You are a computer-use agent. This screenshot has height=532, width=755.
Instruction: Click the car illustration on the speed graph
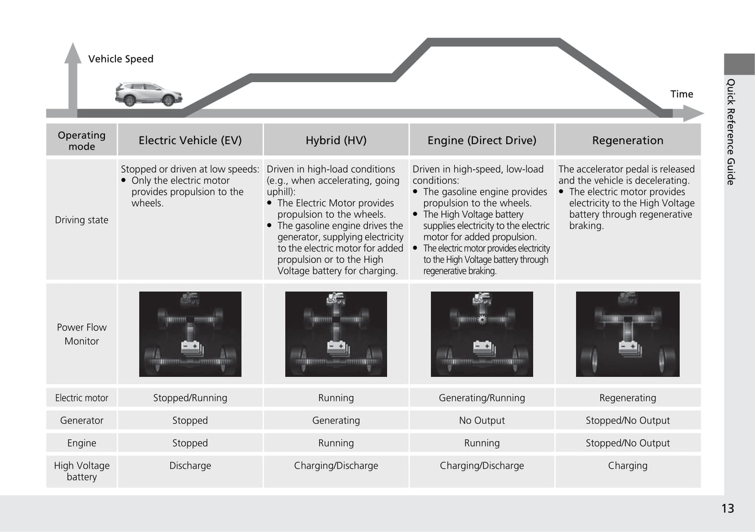pyautogui.click(x=149, y=94)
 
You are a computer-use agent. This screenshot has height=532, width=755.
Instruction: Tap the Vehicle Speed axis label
pyautogui.click(x=121, y=59)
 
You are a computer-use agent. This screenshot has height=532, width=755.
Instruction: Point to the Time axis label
pyautogui.click(x=681, y=94)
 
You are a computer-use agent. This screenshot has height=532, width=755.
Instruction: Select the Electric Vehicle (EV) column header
pyautogui.click(x=190, y=140)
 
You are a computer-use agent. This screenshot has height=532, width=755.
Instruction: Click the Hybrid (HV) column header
pyautogui.click(x=336, y=140)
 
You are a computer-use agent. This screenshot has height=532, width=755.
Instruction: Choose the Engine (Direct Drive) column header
pyautogui.click(x=482, y=140)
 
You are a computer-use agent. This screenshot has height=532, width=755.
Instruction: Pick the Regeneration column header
pyautogui.click(x=628, y=140)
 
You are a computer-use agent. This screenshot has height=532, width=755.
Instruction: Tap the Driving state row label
pyautogui.click(x=82, y=220)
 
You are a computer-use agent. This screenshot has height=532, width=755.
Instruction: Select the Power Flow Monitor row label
pyautogui.click(x=82, y=334)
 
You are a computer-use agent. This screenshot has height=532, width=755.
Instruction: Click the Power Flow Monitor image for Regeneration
pyautogui.click(x=628, y=334)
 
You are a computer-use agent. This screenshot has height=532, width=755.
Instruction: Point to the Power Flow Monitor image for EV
pyautogui.click(x=190, y=334)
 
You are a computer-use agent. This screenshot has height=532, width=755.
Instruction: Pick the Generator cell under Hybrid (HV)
pyautogui.click(x=336, y=420)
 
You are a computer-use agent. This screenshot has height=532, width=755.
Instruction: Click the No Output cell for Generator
pyautogui.click(x=482, y=420)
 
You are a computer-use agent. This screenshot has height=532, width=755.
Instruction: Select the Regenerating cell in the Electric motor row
pyautogui.click(x=628, y=398)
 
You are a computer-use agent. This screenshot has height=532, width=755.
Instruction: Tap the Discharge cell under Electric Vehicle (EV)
pyautogui.click(x=190, y=466)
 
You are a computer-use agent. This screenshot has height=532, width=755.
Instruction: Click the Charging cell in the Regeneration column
pyautogui.click(x=628, y=466)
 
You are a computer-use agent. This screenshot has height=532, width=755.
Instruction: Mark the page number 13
pyautogui.click(x=727, y=509)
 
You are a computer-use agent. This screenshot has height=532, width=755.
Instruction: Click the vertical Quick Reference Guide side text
pyautogui.click(x=731, y=132)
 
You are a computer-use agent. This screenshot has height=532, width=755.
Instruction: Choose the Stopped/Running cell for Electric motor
pyautogui.click(x=190, y=398)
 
